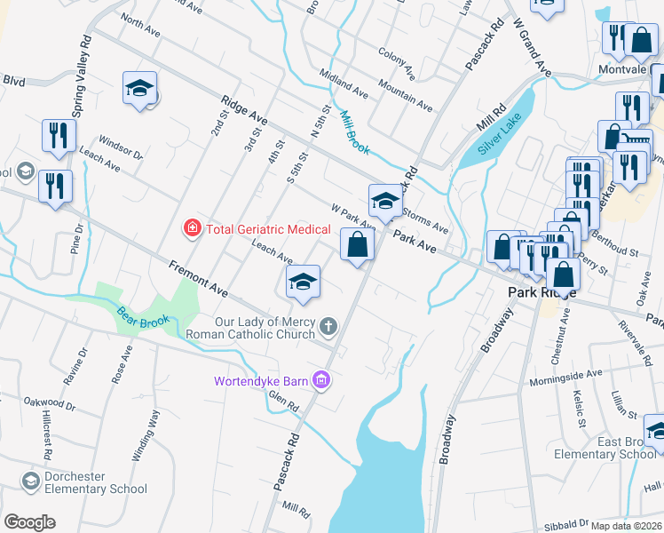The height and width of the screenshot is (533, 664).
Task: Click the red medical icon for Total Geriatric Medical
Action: click(x=191, y=229)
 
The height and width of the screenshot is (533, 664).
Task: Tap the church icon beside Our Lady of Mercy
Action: click(x=328, y=328)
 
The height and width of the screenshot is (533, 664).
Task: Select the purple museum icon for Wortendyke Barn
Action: click(x=321, y=382)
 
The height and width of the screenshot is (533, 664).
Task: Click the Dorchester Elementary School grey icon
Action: click(x=32, y=481)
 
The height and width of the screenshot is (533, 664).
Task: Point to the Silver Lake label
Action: click(x=501, y=135)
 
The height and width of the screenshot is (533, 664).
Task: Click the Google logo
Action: click(x=30, y=522)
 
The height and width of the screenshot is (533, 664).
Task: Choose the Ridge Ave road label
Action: click(x=244, y=111)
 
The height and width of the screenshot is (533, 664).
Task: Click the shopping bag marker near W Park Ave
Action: click(x=357, y=245)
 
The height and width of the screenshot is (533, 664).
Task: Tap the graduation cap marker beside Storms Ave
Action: click(x=386, y=202)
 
